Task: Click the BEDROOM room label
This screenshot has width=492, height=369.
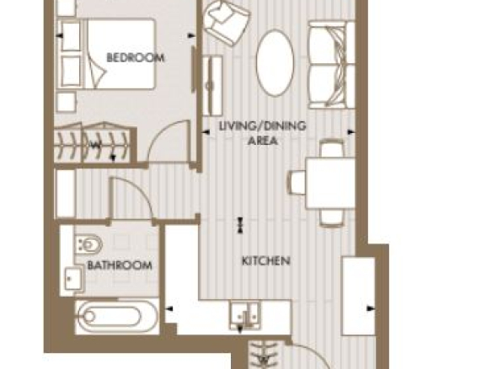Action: (136, 58)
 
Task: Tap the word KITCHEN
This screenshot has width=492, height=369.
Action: (266, 261)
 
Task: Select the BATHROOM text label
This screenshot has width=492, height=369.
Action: (120, 265)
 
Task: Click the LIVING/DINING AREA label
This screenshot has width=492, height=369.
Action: (262, 133)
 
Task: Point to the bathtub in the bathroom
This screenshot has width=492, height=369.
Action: (118, 316)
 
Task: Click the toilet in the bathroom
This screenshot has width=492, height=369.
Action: (88, 244)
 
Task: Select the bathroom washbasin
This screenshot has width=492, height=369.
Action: (74, 279)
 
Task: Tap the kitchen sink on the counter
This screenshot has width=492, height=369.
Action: (245, 315)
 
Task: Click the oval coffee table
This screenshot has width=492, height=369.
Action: (275, 62)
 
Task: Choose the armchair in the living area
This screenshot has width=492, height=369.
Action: (226, 22)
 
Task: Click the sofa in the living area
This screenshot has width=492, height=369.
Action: (332, 65)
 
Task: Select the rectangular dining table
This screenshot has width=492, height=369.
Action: (330, 183)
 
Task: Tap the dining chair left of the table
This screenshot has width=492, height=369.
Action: (297, 182)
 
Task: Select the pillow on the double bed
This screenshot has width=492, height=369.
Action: (96, 70)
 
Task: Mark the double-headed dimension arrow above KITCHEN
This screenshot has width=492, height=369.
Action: (240, 225)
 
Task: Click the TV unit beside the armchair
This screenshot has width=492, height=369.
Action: (213, 85)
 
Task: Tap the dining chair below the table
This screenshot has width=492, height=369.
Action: (332, 217)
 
